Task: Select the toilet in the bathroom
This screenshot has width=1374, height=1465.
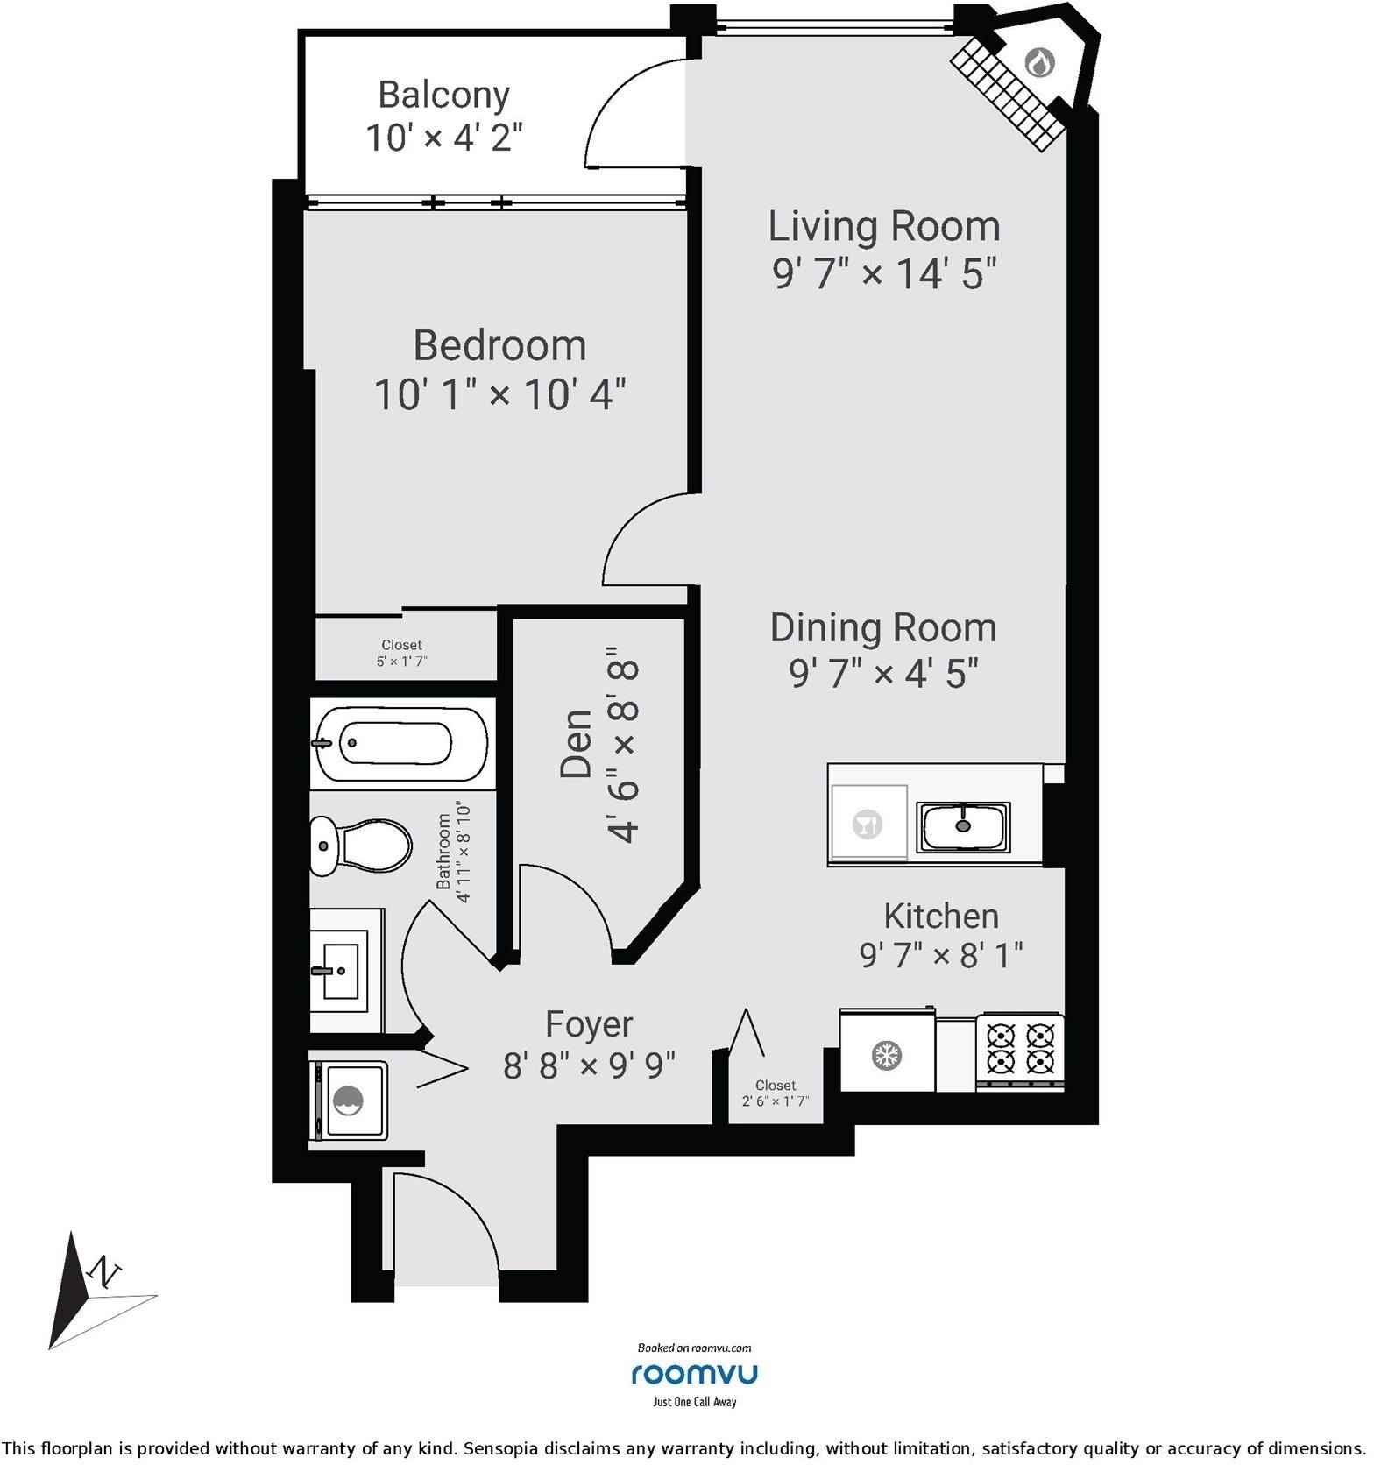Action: coord(360,846)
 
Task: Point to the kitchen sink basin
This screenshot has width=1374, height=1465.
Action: coord(963,826)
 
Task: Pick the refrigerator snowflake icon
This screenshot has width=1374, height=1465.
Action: coord(887,1055)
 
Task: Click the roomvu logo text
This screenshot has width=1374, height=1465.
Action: coord(694,1373)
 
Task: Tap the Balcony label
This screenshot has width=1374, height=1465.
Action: coord(444,94)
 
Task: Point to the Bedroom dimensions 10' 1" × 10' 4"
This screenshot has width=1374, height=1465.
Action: coord(500,393)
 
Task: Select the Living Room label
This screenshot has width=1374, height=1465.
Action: coord(884,226)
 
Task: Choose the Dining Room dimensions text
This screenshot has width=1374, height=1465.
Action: coord(883,673)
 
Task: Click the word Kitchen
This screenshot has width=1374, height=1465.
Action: coord(941,916)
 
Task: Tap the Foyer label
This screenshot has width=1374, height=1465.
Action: coord(589,1023)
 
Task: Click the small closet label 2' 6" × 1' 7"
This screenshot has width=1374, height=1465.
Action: coord(776,1101)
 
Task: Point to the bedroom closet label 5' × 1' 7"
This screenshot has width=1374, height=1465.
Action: coord(402,662)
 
